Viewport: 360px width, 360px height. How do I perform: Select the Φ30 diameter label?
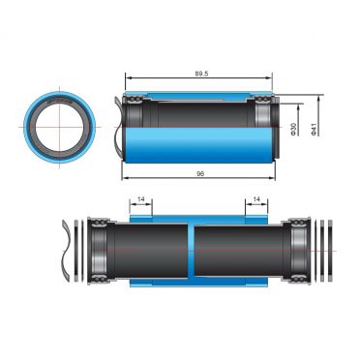(292, 131)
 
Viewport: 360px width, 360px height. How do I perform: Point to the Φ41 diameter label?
(315, 131)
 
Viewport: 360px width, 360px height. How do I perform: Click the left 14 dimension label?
(143, 199)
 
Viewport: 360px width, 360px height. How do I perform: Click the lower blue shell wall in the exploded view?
(194, 282)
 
